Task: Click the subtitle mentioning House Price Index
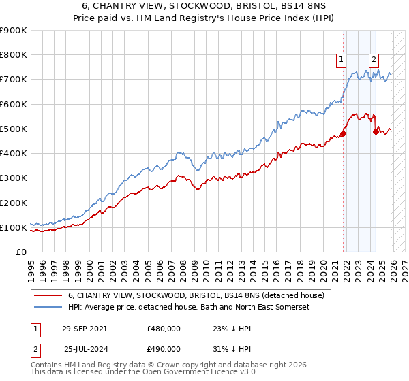pyautogui.click(x=204, y=19)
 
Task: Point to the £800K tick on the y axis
pyautogui.click(x=14, y=55)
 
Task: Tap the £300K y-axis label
pyautogui.click(x=14, y=178)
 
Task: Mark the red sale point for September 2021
pyautogui.click(x=343, y=133)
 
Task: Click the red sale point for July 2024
pyautogui.click(x=375, y=131)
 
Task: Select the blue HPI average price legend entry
pyautogui.click(x=188, y=308)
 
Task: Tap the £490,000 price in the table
pyautogui.click(x=164, y=349)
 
